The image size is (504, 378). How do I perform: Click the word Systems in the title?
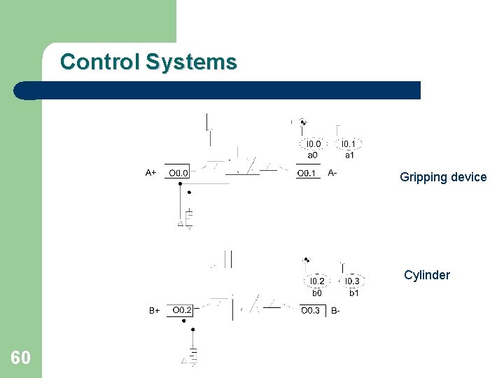(191, 62)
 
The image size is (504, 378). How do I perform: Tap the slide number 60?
(20, 358)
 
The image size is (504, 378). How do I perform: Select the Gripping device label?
(443, 177)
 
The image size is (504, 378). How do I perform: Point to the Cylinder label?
(427, 275)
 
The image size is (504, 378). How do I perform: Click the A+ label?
(151, 172)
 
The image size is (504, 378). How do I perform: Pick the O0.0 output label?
(178, 172)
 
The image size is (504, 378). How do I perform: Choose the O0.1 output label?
(307, 173)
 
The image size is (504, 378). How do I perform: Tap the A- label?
(332, 172)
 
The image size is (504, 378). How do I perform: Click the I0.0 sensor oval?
(314, 144)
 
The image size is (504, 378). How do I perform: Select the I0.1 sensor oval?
(349, 144)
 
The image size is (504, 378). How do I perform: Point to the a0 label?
(313, 155)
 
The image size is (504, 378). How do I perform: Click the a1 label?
(349, 155)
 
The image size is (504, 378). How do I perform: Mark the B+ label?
(154, 310)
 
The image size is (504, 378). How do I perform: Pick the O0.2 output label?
(183, 309)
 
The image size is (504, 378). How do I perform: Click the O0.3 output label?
(311, 310)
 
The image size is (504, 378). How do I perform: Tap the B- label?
(336, 310)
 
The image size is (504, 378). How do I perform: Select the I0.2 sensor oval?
(317, 281)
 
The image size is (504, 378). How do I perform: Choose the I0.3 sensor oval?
(352, 281)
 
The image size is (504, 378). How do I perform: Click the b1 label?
(354, 293)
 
